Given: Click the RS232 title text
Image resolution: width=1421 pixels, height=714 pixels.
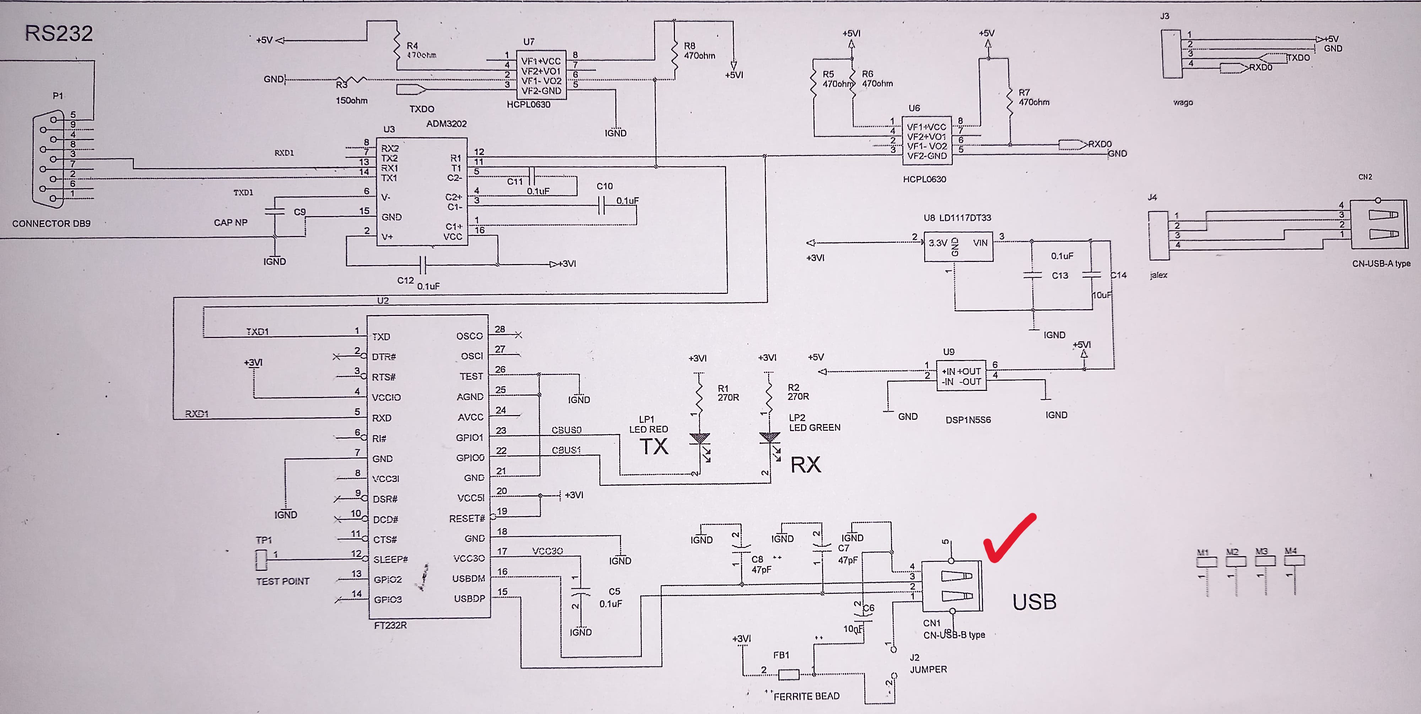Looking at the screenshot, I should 59,34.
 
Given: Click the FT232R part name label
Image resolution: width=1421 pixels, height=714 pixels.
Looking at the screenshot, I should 390,625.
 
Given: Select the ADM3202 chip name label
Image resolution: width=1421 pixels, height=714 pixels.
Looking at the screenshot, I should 446,124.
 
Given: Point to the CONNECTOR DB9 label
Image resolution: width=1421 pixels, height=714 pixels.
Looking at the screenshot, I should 51,224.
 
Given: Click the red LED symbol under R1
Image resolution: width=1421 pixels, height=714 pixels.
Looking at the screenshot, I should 699,439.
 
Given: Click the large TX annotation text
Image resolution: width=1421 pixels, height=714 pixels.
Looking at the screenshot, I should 654,446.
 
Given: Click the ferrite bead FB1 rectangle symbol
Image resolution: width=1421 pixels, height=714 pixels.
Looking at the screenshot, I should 788,674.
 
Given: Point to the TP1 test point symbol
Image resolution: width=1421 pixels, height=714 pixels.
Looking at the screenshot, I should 261,560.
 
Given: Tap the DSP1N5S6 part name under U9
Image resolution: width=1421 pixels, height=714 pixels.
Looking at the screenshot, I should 968,419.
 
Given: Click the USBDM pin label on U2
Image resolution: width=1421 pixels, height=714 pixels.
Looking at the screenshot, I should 468,578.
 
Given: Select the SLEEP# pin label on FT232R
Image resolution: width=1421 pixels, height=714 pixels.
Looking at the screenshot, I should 390,559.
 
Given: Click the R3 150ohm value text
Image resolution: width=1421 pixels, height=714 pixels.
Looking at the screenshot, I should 351,101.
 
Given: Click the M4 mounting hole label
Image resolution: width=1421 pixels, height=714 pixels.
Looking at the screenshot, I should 1290,551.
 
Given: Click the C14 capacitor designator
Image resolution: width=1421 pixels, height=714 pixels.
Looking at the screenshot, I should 1118,275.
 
